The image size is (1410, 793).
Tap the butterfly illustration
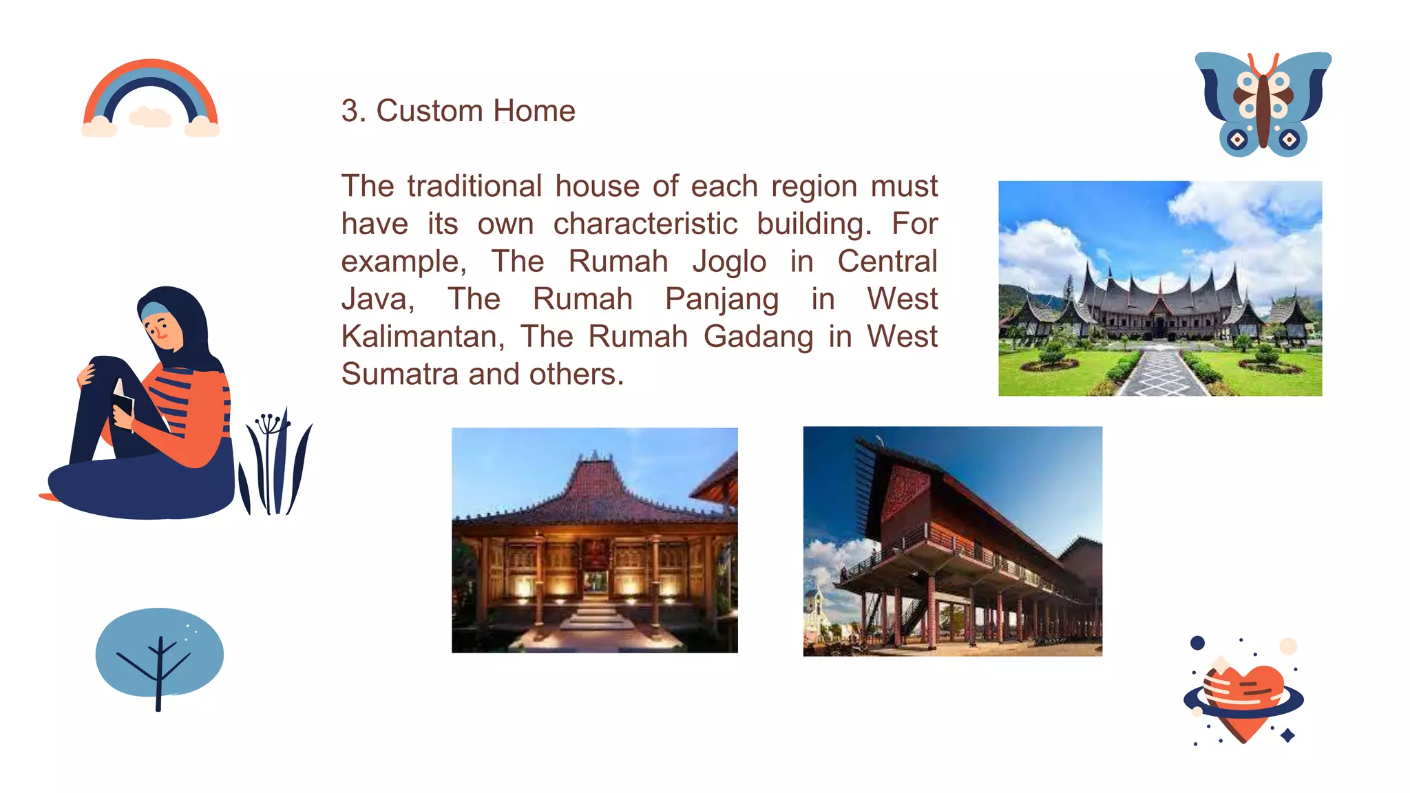(x=1263, y=103)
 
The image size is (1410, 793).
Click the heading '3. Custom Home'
(x=458, y=111)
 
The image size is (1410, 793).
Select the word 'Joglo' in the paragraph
(x=729, y=262)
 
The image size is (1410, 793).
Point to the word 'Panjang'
(x=722, y=299)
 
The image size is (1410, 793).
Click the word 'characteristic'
(x=645, y=224)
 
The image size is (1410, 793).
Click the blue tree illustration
(x=159, y=654)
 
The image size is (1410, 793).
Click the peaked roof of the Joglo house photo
(x=596, y=482)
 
